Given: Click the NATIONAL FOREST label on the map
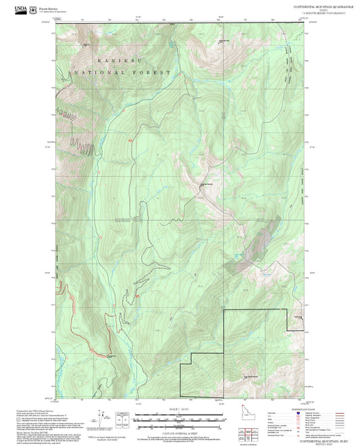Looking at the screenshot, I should pos(126,72).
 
